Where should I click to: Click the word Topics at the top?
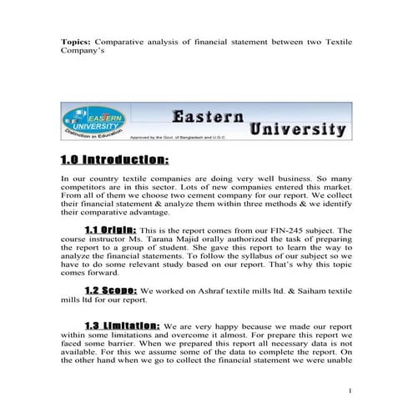[x=77, y=40]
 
